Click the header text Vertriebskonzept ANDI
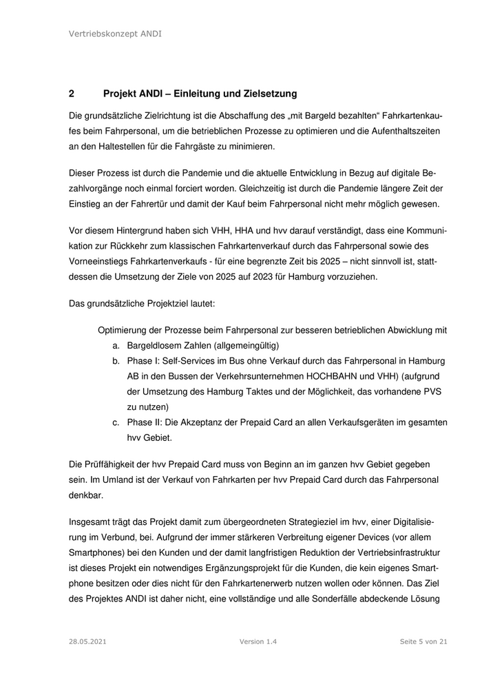[116, 34]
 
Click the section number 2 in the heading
[72, 93]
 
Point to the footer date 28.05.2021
[87, 641]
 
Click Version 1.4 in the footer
[258, 641]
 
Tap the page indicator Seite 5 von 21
[423, 641]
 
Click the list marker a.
[116, 345]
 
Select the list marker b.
[116, 361]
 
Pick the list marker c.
[116, 422]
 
